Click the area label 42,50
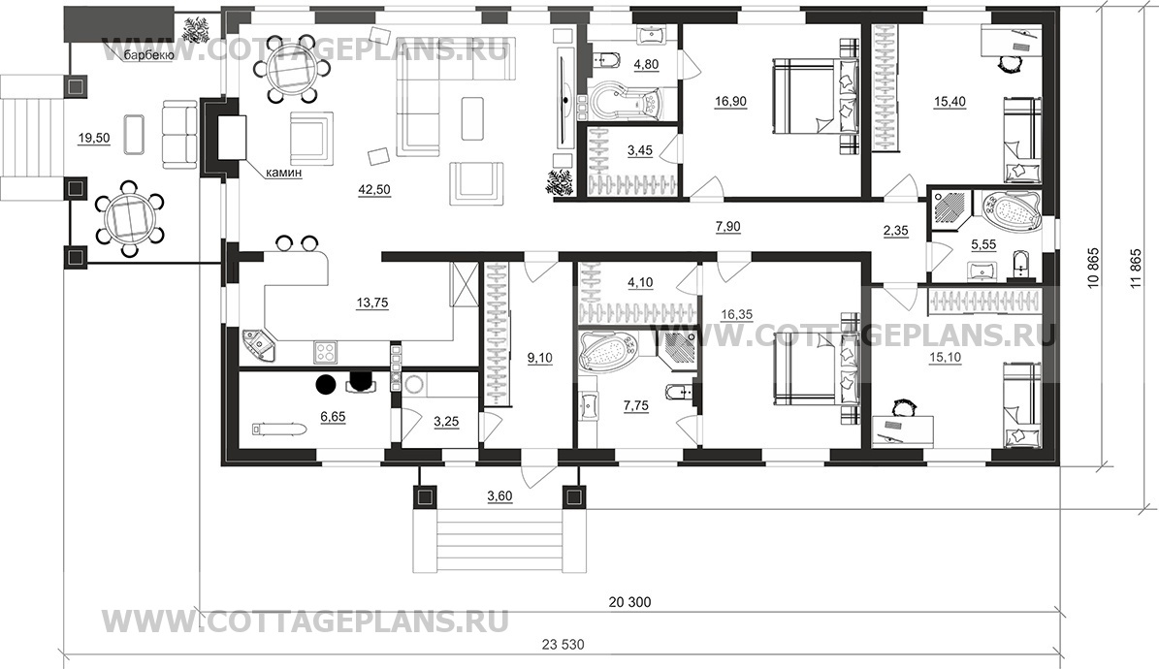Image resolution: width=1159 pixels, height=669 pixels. [x=374, y=189]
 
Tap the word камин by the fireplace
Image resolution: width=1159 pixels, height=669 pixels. [x=285, y=173]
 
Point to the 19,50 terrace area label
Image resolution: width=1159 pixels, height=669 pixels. [x=94, y=138]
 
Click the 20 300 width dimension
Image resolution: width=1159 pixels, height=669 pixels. [x=629, y=602]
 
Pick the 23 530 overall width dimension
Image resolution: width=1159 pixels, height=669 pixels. [x=563, y=644]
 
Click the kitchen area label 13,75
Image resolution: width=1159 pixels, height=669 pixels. [x=371, y=303]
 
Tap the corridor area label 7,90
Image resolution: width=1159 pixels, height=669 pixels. [x=727, y=226]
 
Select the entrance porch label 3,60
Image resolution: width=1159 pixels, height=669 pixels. [x=499, y=496]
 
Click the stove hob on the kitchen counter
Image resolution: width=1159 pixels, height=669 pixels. [x=326, y=352]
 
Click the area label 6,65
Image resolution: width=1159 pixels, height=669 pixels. [x=333, y=417]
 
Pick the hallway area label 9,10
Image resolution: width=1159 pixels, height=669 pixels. [x=539, y=358]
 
